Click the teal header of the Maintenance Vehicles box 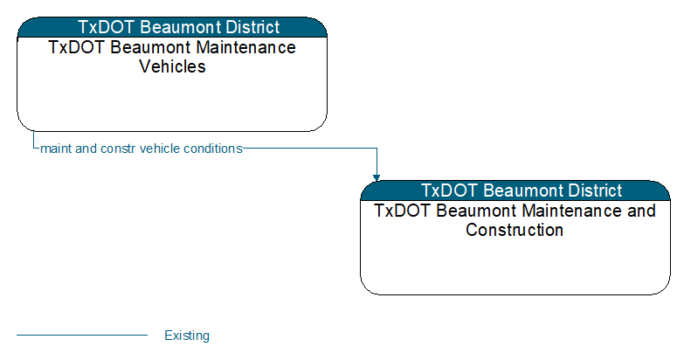(172, 27)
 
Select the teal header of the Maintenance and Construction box (515, 190)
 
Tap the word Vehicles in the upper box (172, 66)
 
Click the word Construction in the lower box (515, 230)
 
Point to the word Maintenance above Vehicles (246, 47)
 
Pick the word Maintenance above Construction (572, 211)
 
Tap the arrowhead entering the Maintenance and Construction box (377, 177)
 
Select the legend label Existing (187, 336)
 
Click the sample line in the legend (82, 336)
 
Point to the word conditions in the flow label (213, 149)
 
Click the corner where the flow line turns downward (377, 149)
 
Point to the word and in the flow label (86, 149)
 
